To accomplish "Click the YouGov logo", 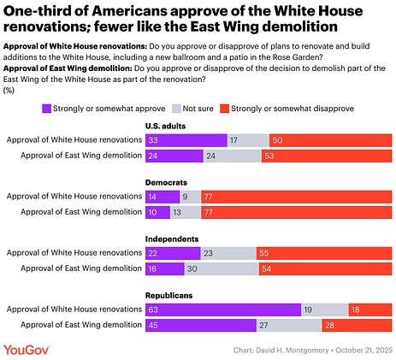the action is tap(27, 350).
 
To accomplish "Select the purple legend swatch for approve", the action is tap(46, 109).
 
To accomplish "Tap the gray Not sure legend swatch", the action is tap(176, 109).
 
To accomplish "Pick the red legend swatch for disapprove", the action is tap(225, 109).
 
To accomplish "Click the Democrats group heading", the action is tap(166, 182).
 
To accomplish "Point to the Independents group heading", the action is tap(172, 239).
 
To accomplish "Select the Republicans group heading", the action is tap(168, 295).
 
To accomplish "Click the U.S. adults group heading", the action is tap(165, 126).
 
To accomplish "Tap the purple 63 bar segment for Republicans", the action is tap(223, 310).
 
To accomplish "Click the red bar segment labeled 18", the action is tap(370, 310).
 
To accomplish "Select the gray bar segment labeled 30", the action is tap(222, 269).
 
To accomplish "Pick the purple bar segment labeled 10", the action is tap(157, 212).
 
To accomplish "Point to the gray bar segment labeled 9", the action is tap(191, 197).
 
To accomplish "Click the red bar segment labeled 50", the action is tap(331, 140).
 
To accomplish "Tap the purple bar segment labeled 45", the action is tap(201, 325).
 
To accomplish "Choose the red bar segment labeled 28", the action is tap(357, 325).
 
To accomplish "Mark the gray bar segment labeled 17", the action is tap(248, 140).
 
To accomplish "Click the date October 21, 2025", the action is tap(363, 351).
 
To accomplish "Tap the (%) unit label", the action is tap(9, 91).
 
